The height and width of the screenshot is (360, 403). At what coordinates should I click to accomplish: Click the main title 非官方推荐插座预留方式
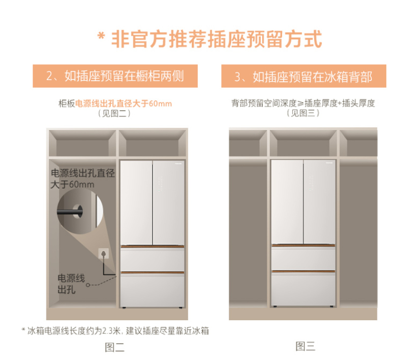click(x=216, y=39)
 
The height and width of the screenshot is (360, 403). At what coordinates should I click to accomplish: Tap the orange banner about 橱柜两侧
click(x=115, y=76)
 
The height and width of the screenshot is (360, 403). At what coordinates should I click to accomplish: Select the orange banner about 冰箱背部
click(x=304, y=76)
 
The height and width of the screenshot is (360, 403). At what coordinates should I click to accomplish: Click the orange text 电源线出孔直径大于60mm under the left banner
click(x=123, y=104)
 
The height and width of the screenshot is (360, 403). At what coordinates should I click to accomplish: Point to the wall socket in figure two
click(x=104, y=253)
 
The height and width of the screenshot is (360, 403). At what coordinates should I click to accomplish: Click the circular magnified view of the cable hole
click(x=80, y=211)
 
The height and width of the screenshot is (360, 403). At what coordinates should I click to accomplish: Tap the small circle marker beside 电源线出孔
click(x=88, y=285)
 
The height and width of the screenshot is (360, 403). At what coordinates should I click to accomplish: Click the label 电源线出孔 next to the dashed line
click(x=71, y=284)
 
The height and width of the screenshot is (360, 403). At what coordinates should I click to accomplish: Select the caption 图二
click(x=115, y=347)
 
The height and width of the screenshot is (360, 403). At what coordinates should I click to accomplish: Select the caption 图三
click(x=306, y=346)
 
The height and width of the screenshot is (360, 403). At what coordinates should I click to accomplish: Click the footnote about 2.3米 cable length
click(x=115, y=331)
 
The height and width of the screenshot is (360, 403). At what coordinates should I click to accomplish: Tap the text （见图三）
click(x=303, y=113)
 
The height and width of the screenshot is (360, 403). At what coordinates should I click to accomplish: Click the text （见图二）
click(x=114, y=113)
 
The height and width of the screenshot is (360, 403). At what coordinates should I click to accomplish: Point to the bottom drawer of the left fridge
click(x=153, y=290)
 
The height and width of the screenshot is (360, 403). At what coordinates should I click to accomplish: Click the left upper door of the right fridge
click(x=287, y=202)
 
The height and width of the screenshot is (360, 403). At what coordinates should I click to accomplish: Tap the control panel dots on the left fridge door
click(x=160, y=184)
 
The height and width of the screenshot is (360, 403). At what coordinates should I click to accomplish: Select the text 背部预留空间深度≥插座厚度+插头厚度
click(x=303, y=103)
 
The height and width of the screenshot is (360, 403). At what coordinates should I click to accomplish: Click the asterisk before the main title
click(x=102, y=36)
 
